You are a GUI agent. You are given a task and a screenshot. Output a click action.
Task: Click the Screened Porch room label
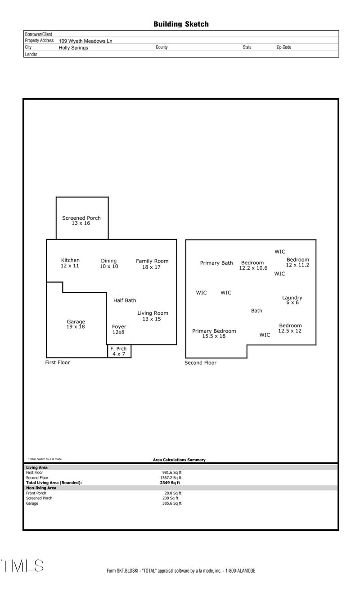click(x=81, y=218)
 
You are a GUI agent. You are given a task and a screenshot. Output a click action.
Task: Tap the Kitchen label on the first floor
click(x=70, y=260)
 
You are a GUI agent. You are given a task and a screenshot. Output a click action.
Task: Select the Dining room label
click(x=109, y=261)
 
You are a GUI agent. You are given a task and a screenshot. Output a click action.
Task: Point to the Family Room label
click(x=152, y=261)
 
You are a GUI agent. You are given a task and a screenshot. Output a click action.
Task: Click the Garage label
click(x=76, y=321)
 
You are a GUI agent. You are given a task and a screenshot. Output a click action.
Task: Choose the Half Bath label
click(x=125, y=300)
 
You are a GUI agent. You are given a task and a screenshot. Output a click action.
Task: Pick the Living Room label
click(x=153, y=313)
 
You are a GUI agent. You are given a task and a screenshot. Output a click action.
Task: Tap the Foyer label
click(x=119, y=326)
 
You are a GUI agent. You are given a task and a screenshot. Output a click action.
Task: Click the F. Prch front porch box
click(x=119, y=351)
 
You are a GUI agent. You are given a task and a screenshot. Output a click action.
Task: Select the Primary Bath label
click(x=216, y=263)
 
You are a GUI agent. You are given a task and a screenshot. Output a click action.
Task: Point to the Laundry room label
click(x=292, y=298)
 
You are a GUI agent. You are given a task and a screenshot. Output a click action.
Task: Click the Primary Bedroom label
click(x=214, y=331)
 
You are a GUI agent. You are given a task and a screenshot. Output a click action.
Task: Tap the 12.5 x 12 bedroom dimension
click(x=290, y=331)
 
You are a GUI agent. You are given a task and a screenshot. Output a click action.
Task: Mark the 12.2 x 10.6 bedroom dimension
click(x=253, y=268)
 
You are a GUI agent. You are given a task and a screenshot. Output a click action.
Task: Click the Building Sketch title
click(x=181, y=24)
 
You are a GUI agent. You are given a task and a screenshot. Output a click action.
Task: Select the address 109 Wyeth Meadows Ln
click(x=85, y=41)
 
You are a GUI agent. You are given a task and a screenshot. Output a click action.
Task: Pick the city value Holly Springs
click(x=73, y=47)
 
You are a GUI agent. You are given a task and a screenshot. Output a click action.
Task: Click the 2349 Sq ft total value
click(x=166, y=483)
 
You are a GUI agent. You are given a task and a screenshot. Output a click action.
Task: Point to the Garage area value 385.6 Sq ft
click(x=172, y=503)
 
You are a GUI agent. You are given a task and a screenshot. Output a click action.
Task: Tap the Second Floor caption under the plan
click(x=200, y=363)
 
